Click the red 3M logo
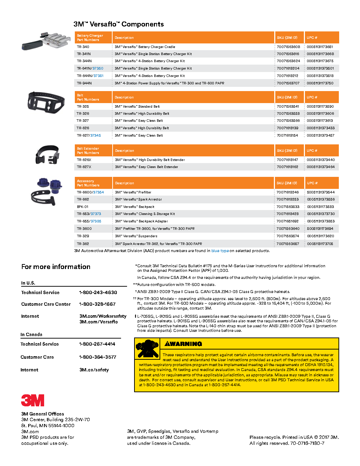[32, 400]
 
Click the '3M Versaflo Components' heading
[119, 24]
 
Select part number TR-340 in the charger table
[83, 47]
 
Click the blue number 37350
[98, 68]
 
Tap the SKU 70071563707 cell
[288, 83]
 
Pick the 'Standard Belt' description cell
[137, 107]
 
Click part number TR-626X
[84, 160]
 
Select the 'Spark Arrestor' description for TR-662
[138, 199]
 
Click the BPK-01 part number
[83, 207]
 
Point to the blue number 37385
[96, 221]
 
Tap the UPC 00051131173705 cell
[320, 244]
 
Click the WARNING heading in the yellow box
[184, 344]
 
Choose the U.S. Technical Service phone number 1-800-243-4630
[98, 293]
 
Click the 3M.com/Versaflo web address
[98, 322]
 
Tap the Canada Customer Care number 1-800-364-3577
[98, 357]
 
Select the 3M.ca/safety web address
[94, 370]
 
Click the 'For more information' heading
[56, 267]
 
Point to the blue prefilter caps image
[50, 186]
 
